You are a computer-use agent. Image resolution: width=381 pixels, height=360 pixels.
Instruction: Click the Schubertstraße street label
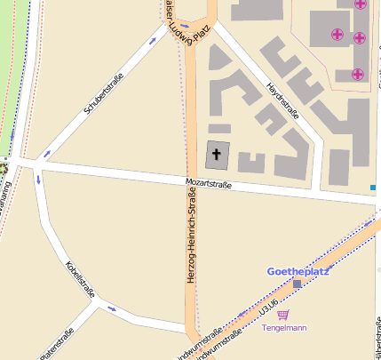tap(101, 92)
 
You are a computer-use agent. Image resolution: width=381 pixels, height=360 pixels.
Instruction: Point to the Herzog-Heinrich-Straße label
tap(191, 236)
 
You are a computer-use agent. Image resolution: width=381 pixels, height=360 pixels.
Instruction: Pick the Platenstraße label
tap(55, 344)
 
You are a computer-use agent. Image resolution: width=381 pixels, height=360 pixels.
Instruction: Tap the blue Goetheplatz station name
tap(297, 271)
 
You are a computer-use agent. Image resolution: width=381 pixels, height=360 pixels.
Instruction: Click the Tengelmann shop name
tap(284, 328)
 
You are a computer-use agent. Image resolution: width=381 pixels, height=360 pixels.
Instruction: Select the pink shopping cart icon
tap(283, 314)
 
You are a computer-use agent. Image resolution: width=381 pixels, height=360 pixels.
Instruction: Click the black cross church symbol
tap(217, 155)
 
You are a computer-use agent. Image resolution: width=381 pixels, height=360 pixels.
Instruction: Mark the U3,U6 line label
tap(264, 308)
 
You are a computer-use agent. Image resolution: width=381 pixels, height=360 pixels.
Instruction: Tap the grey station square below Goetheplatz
tap(297, 283)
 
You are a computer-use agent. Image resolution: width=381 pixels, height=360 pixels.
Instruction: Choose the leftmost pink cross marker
tap(337, 36)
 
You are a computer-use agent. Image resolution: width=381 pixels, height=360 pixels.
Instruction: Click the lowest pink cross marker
tap(357, 74)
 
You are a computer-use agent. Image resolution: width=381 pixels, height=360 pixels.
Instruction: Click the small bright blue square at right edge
tap(373, 188)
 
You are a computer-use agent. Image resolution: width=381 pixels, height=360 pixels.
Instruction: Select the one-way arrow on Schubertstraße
tap(46, 153)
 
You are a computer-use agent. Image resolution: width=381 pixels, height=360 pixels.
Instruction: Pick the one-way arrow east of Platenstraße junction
tap(111, 309)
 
